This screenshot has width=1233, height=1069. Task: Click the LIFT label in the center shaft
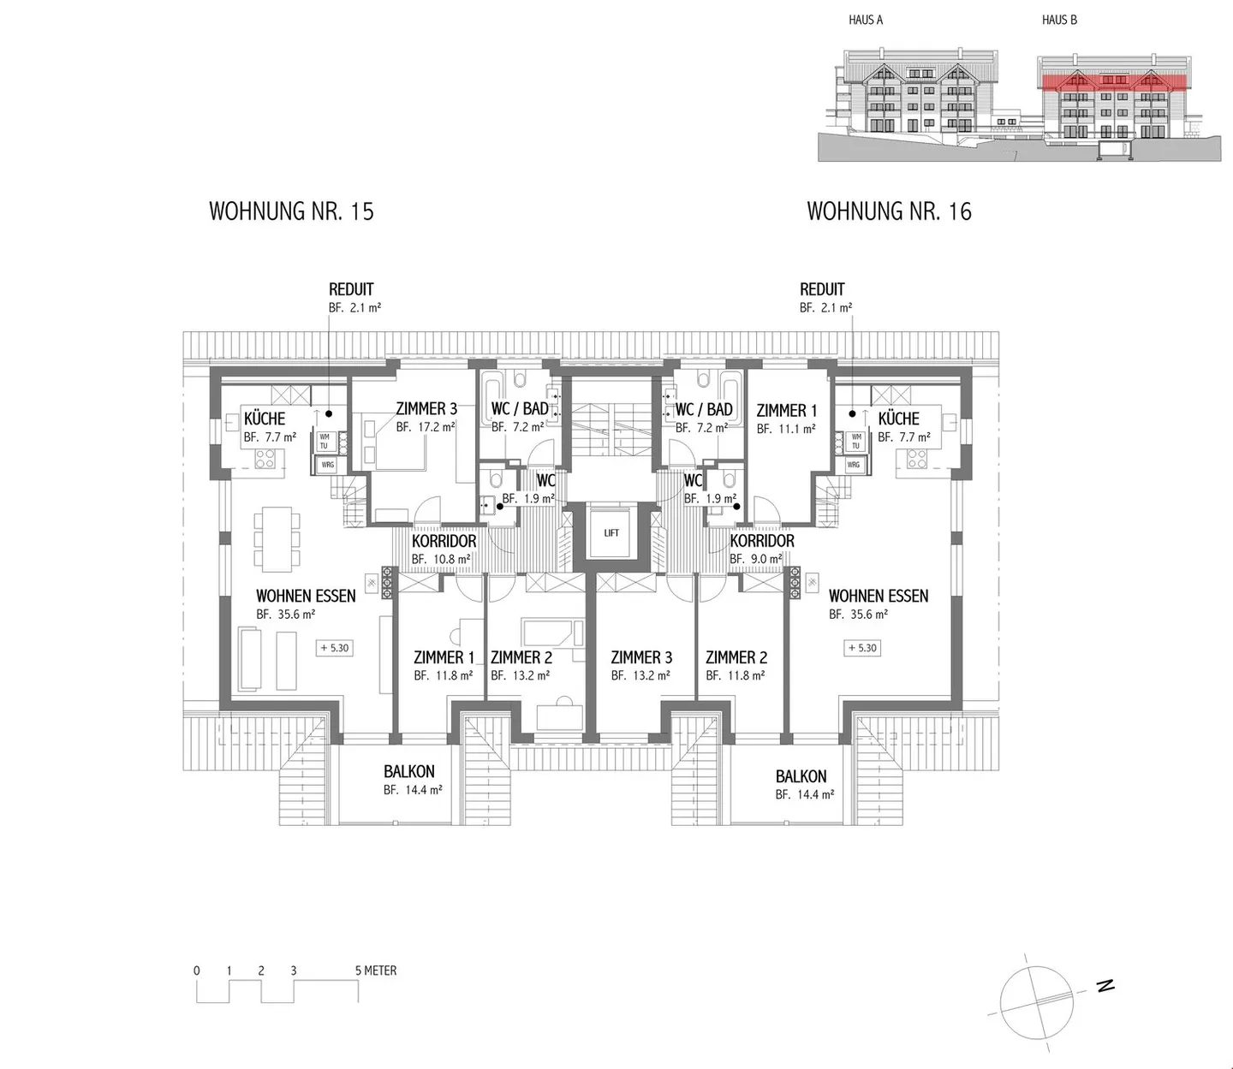(611, 532)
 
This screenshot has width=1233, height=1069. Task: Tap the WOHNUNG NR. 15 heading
(291, 211)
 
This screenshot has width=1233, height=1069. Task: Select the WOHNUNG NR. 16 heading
(889, 211)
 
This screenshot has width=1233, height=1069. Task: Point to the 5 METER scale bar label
(376, 971)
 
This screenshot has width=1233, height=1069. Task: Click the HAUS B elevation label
(1059, 20)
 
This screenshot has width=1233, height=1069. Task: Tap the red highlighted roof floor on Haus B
(1113, 82)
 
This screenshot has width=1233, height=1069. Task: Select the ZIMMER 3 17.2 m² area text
(426, 427)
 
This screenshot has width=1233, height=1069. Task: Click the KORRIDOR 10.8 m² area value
(441, 560)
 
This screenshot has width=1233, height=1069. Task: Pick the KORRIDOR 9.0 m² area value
(755, 560)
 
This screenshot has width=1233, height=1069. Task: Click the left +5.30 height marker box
(334, 648)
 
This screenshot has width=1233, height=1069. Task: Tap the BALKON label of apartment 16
(801, 776)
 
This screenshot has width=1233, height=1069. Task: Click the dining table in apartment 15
(277, 539)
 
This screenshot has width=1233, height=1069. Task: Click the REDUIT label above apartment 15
(351, 289)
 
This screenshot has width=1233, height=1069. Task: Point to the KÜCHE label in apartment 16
(898, 419)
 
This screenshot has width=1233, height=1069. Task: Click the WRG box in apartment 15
(327, 465)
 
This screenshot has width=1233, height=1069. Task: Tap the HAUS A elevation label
(866, 20)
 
